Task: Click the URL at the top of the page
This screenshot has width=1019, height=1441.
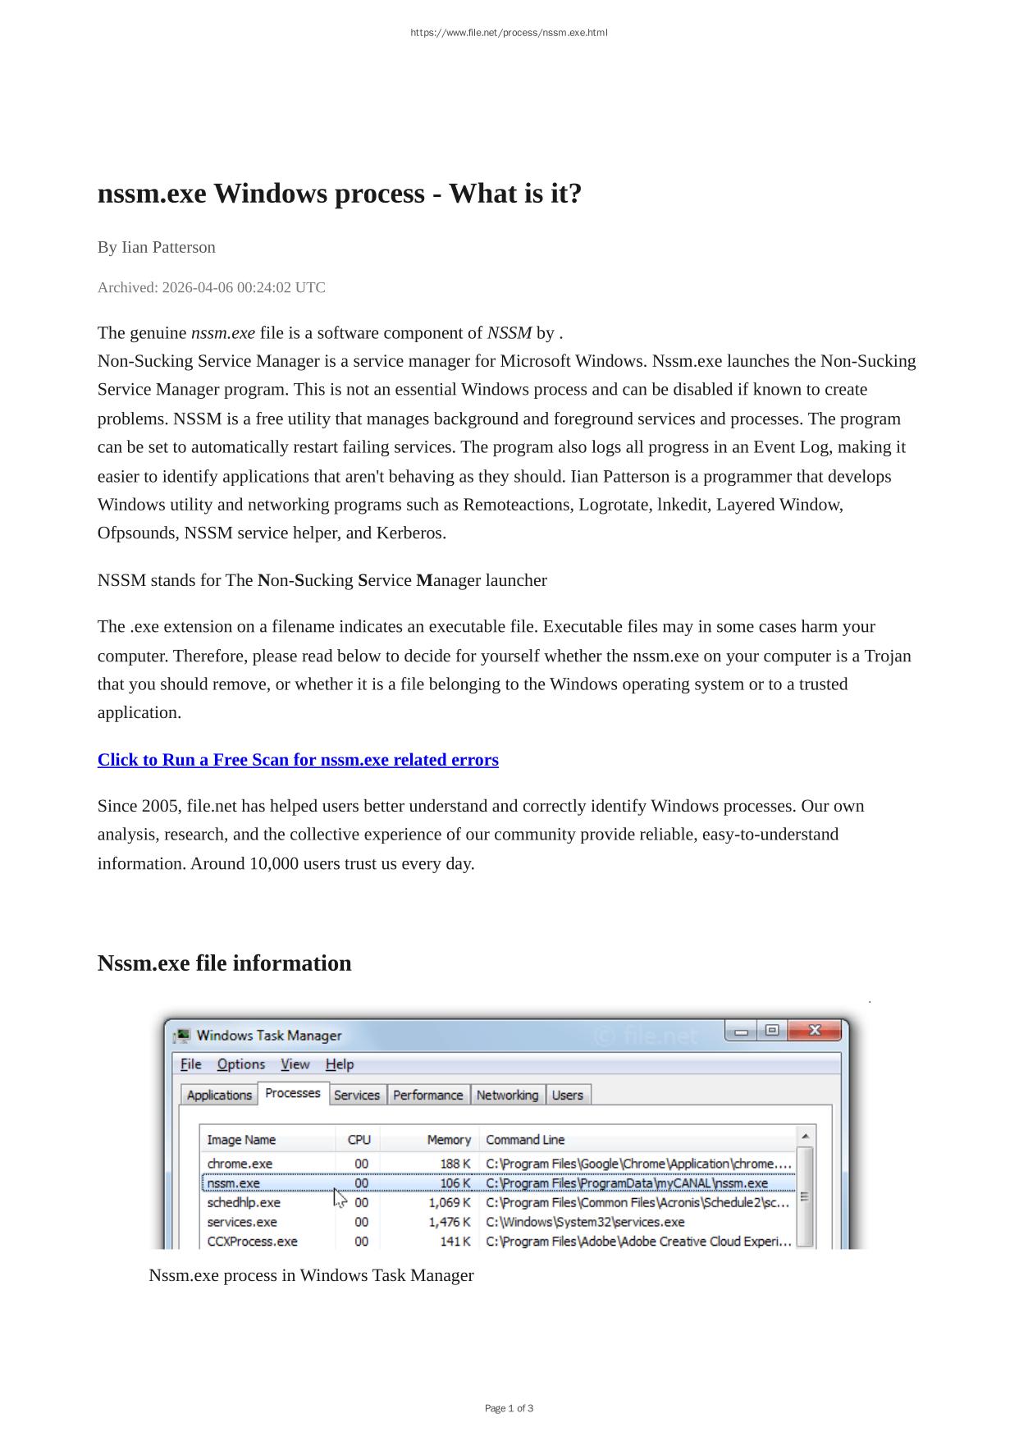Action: [509, 33]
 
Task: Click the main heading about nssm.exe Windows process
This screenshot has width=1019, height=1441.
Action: [339, 194]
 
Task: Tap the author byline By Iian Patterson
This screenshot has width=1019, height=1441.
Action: [156, 247]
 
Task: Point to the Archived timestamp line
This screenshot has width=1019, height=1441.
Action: [211, 287]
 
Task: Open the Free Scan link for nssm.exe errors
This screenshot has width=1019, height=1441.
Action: [298, 760]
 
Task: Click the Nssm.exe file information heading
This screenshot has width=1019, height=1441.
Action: [224, 963]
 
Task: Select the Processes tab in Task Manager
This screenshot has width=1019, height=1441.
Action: [293, 1093]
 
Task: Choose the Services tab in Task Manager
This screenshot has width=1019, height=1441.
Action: [357, 1095]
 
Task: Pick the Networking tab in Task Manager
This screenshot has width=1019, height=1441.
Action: [507, 1095]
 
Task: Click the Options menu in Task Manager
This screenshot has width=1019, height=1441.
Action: [241, 1064]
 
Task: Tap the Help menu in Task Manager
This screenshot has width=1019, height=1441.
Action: [340, 1064]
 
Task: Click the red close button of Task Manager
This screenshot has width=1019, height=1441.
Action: [815, 1031]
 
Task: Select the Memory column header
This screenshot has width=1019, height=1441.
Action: [449, 1140]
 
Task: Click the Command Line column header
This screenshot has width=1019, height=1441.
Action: [525, 1140]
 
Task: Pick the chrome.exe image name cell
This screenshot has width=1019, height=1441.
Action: [240, 1164]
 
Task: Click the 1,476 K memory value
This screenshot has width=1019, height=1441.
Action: [450, 1222]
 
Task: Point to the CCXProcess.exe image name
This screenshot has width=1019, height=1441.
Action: [252, 1242]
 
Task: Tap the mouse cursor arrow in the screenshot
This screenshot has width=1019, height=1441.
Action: [339, 1198]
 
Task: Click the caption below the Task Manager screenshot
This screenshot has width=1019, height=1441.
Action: [311, 1275]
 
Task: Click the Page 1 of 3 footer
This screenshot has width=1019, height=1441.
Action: [509, 1408]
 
